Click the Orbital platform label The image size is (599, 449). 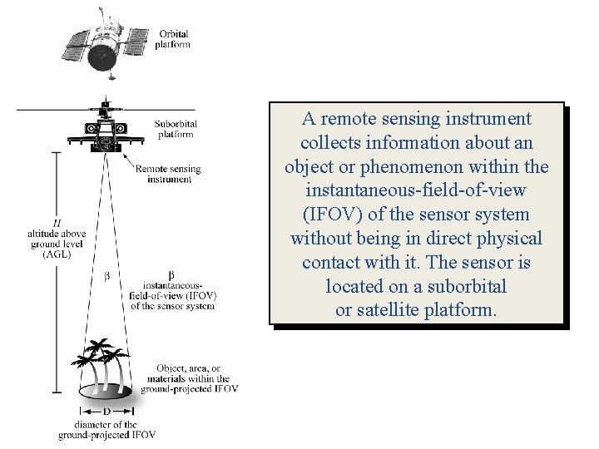pos(173,39)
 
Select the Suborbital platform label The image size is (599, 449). pos(176,129)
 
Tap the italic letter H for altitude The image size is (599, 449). pos(56,223)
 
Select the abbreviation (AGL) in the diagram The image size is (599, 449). pos(56,254)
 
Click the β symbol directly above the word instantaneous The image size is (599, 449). pos(171,274)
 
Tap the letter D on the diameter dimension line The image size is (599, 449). pos(106,412)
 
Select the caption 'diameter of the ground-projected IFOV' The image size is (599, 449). pos(106,430)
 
